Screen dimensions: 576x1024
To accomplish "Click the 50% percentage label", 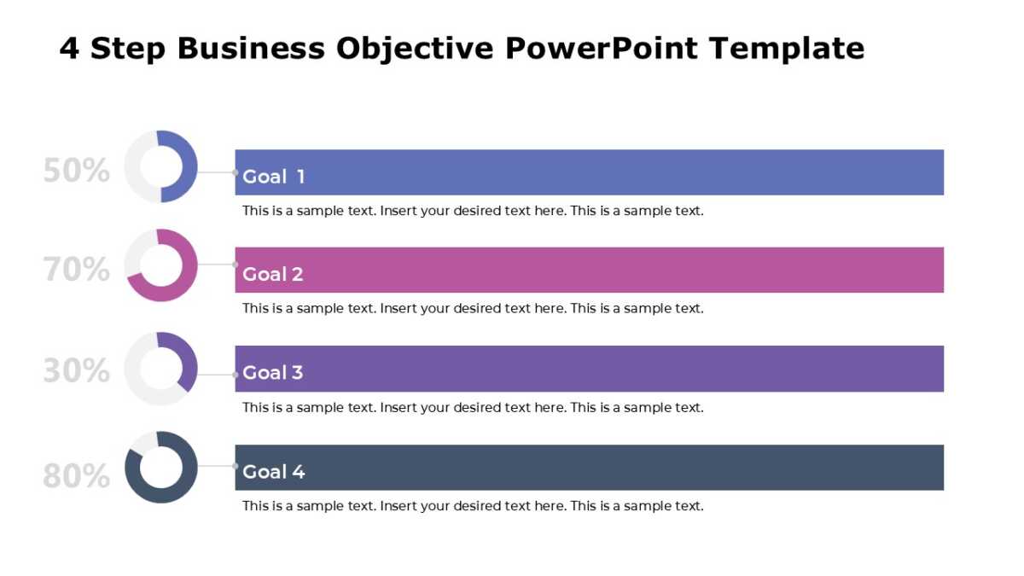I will pos(76,171).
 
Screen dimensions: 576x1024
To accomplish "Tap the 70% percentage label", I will pos(76,270).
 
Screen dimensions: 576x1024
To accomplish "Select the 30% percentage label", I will pos(76,371).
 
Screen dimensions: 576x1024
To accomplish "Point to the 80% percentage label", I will pos(76,476).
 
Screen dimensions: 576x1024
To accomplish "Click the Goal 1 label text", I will pos(273,177).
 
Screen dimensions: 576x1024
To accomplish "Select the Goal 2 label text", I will pos(273,274).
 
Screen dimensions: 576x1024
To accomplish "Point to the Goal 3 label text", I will pos(273,372).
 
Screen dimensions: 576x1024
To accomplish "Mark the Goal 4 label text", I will pos(273,471).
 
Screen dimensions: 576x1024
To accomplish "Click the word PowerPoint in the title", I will pos(602,49).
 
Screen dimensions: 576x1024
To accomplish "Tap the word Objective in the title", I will pos(414,49).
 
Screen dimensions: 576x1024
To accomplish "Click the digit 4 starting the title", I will pos(69,49).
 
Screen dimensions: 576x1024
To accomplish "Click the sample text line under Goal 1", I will pos(473,211).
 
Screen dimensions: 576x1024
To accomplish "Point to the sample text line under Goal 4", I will pos(473,506).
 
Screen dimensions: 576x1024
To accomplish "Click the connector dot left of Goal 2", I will pos(236,265).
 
